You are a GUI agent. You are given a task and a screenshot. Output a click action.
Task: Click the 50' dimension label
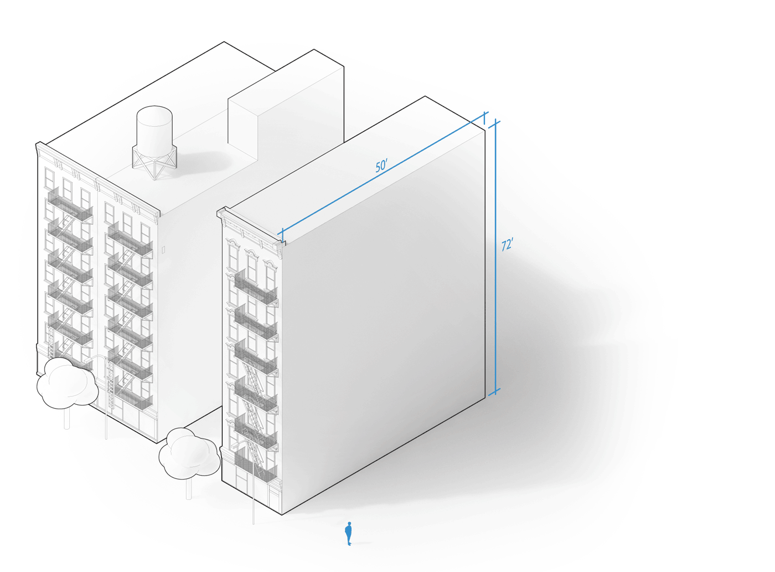(381, 166)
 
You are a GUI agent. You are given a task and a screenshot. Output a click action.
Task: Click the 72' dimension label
(507, 245)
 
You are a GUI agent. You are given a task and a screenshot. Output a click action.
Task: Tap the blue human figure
(348, 534)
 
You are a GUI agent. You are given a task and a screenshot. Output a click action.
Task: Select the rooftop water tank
(154, 127)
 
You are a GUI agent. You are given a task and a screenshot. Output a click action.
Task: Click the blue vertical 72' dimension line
(495, 257)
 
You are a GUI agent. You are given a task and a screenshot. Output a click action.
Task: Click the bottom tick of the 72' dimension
(494, 391)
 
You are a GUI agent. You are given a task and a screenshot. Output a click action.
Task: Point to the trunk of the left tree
(67, 418)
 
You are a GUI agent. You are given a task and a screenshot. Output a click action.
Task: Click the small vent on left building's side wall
(163, 250)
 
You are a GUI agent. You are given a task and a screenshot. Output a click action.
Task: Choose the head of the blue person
(349, 523)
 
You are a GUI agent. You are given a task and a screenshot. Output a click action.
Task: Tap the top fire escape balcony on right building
(256, 287)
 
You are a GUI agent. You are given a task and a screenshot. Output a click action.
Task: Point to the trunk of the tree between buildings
(189, 488)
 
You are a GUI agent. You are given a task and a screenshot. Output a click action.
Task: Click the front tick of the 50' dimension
(282, 235)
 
